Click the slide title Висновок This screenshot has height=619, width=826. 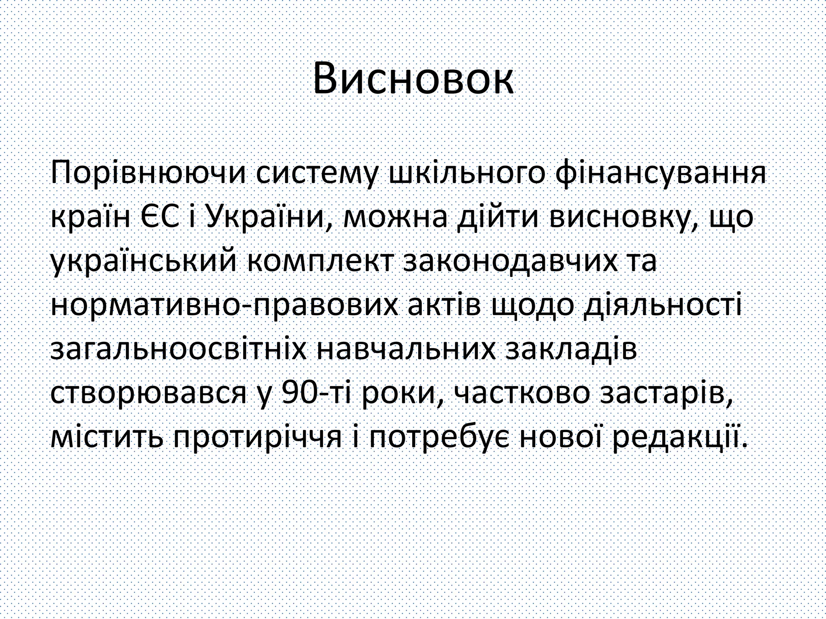[x=413, y=79]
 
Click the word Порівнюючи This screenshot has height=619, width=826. [x=148, y=174]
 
